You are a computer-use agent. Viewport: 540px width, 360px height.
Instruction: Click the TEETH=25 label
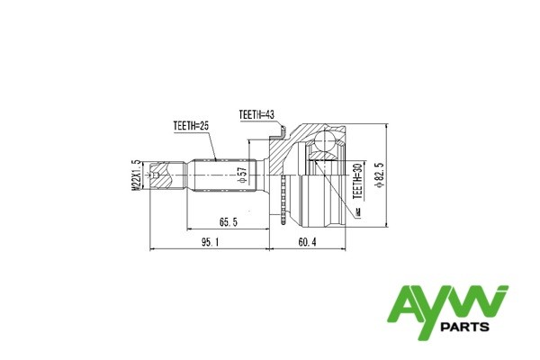coord(192,127)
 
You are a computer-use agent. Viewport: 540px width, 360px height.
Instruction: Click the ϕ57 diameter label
coord(242,175)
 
